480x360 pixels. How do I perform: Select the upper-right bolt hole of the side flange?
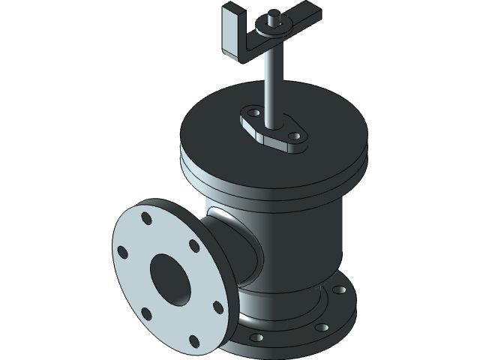pos(194,245)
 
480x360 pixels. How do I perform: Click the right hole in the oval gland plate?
pos(295,136)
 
